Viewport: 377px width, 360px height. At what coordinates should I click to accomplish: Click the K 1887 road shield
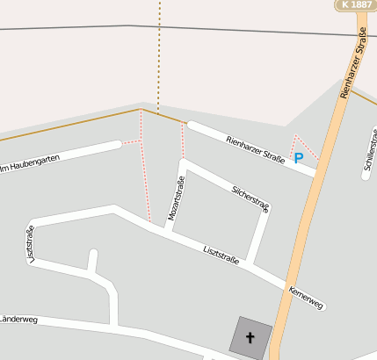tap(356, 5)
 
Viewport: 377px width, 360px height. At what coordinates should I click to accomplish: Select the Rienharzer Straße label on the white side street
tap(255, 148)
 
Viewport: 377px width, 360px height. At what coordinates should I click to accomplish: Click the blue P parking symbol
tap(299, 158)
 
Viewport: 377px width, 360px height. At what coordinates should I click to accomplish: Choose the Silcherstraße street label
tap(251, 198)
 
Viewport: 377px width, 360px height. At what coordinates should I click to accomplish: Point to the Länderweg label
tap(18, 320)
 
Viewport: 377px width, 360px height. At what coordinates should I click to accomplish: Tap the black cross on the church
tap(250, 338)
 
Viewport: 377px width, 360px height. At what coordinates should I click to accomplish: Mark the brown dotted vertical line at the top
tap(159, 53)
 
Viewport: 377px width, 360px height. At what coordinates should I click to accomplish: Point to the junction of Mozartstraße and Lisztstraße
tap(166, 231)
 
